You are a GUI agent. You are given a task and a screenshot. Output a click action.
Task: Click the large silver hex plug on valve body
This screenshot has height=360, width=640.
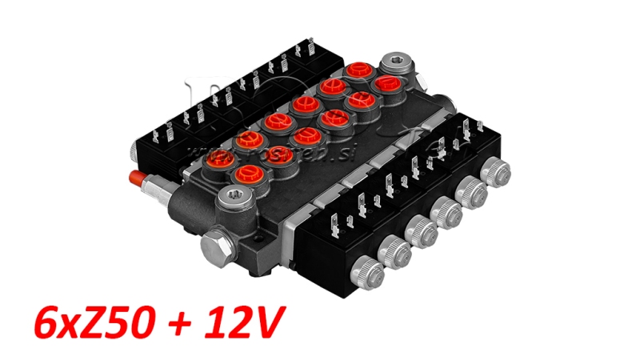tap(215, 243)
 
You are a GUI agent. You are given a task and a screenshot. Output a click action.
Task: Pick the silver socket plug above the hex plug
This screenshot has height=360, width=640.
tap(232, 196)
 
